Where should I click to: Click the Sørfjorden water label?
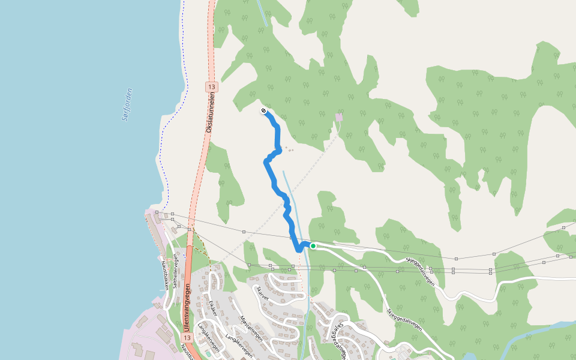pyautogui.click(x=127, y=104)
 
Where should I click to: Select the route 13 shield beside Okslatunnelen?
pyautogui.click(x=211, y=87)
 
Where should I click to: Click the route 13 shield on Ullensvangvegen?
pyautogui.click(x=188, y=338)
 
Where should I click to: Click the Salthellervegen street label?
pyautogui.click(x=176, y=271)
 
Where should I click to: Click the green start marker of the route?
pyautogui.click(x=313, y=246)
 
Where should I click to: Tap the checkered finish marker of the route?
pyautogui.click(x=263, y=111)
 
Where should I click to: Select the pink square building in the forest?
pyautogui.click(x=339, y=117)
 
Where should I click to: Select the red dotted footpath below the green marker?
pyautogui.click(x=301, y=270)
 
